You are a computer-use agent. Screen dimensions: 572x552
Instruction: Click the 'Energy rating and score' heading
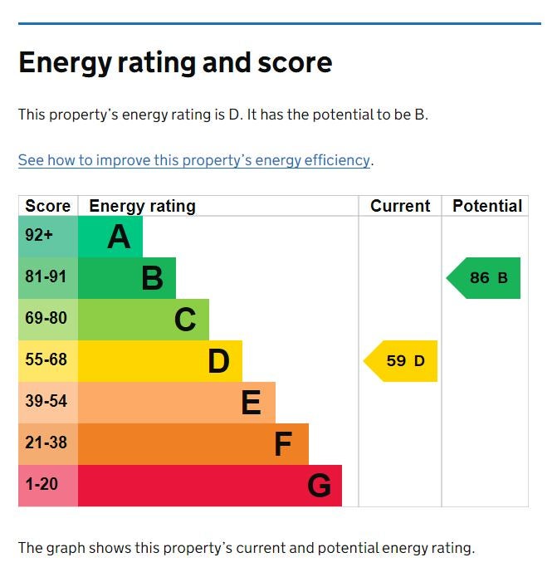(x=175, y=63)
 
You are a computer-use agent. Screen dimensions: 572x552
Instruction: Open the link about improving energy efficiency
(x=194, y=160)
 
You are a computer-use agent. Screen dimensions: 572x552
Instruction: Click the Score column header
(x=48, y=206)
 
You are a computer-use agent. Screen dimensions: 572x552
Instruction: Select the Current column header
(x=400, y=206)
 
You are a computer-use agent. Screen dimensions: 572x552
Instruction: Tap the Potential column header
(x=487, y=206)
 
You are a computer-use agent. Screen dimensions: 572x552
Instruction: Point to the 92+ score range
(x=39, y=236)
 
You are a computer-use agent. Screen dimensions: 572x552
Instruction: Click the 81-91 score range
(x=46, y=277)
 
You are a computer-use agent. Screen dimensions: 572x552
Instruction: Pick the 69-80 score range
(x=46, y=319)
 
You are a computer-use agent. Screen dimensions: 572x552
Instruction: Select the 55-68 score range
(x=46, y=360)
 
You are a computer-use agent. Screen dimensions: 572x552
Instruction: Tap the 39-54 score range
(x=46, y=402)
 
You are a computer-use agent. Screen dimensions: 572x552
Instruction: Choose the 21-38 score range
(x=46, y=443)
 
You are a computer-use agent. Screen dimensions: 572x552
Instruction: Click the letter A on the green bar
(x=119, y=237)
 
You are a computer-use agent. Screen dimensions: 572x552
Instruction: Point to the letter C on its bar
(x=185, y=320)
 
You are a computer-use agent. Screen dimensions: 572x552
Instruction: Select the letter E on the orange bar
(x=251, y=403)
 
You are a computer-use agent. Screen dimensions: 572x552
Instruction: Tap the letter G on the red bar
(x=319, y=486)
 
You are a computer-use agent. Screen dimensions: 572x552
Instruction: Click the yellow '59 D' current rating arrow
(x=403, y=361)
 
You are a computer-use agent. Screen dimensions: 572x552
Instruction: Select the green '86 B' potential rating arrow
(x=486, y=278)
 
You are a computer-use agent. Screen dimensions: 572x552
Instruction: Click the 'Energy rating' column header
(x=142, y=206)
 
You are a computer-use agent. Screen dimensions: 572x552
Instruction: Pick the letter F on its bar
(x=283, y=445)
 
